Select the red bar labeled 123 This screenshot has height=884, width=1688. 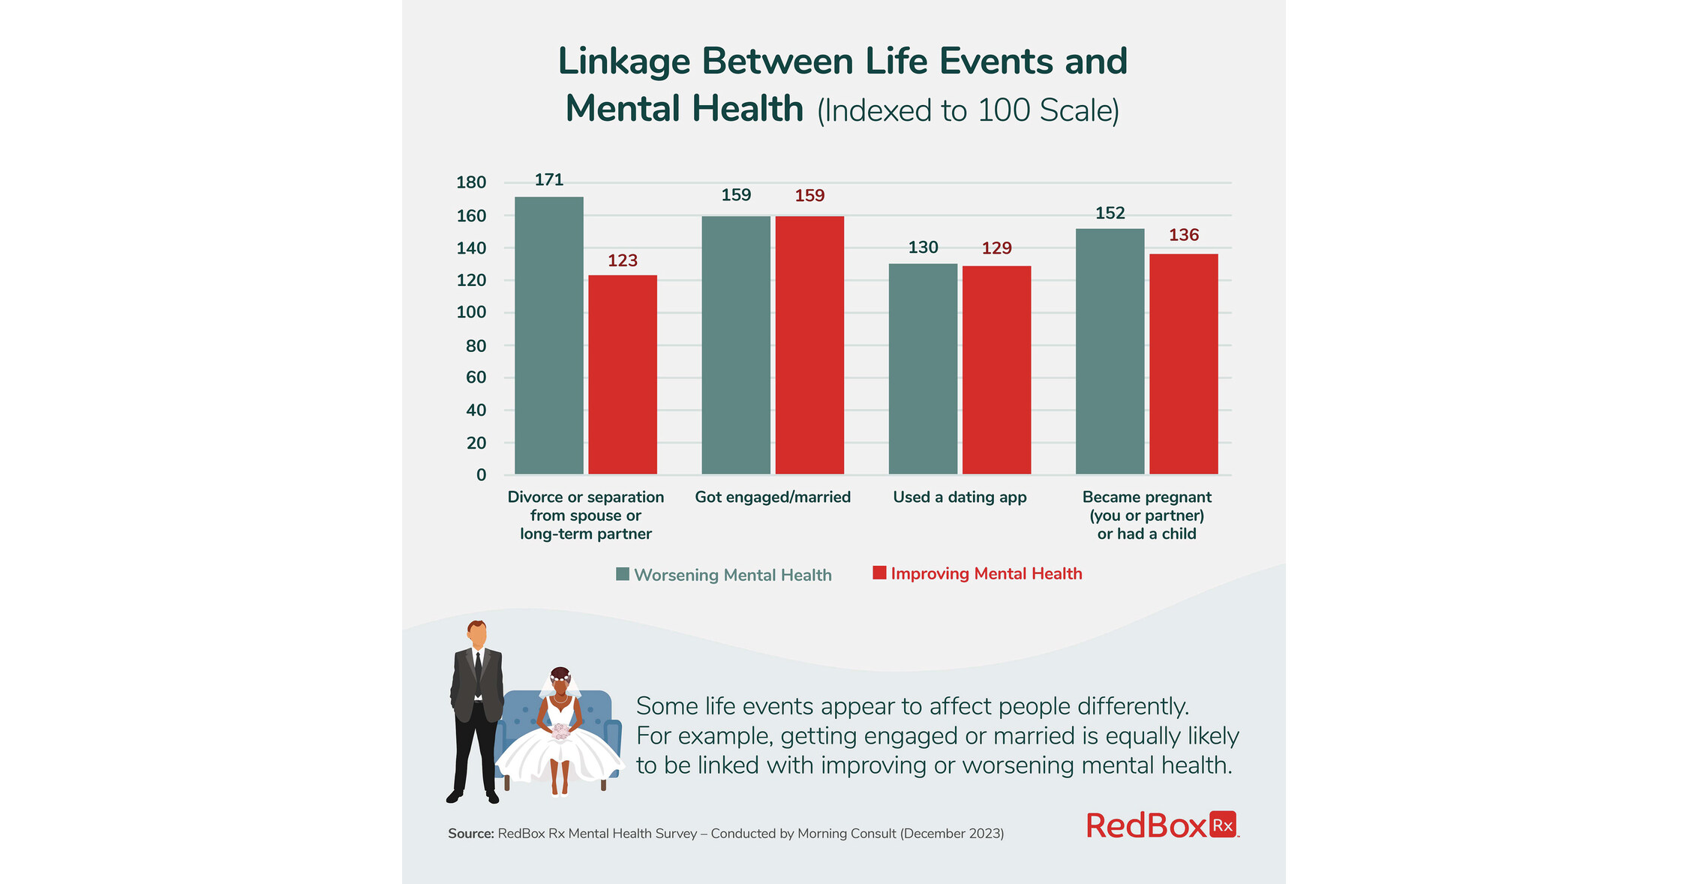click(x=622, y=374)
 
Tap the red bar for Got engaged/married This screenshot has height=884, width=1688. click(x=809, y=344)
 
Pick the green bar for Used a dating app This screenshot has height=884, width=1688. click(x=923, y=368)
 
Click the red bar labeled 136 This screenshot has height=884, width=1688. click(x=1183, y=364)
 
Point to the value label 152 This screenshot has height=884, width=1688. click(x=1110, y=213)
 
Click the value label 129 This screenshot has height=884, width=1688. click(x=996, y=248)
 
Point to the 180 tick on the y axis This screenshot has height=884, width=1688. click(x=471, y=182)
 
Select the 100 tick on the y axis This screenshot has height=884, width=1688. click(x=471, y=312)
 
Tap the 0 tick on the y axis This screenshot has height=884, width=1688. click(x=481, y=475)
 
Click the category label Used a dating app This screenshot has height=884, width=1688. click(x=960, y=497)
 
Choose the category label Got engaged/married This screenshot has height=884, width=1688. click(x=773, y=497)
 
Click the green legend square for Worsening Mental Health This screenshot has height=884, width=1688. click(x=623, y=574)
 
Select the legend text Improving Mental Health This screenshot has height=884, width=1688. click(x=986, y=574)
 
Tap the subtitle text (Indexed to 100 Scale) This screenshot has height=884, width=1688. click(x=968, y=111)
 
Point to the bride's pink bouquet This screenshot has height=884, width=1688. click(x=560, y=731)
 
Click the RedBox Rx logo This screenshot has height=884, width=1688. click(x=1161, y=825)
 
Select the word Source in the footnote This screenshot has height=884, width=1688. click(x=470, y=834)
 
